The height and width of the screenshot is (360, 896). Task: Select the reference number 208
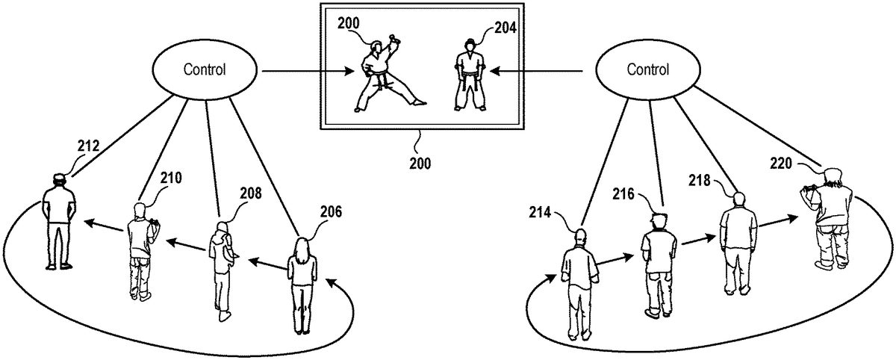pos(250,194)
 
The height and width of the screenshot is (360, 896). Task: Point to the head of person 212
pos(58,179)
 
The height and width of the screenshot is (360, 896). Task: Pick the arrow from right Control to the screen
pos(541,72)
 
